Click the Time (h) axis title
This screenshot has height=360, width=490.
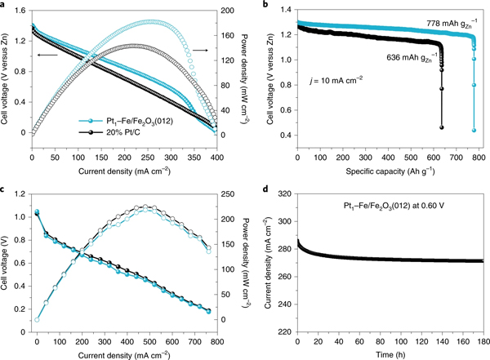(388, 353)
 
